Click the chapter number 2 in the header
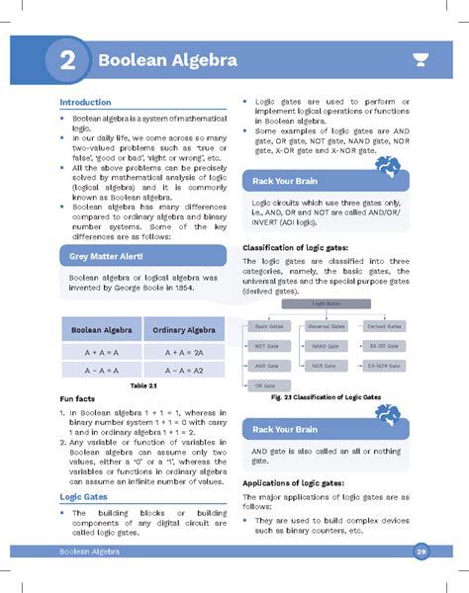click(x=67, y=60)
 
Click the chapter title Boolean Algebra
click(x=167, y=60)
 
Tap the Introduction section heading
click(x=85, y=103)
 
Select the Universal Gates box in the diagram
click(x=326, y=325)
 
